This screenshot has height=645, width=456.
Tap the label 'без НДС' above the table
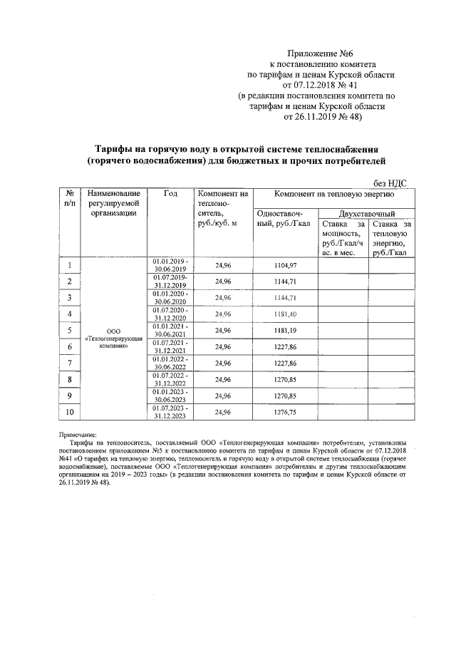pyautogui.click(x=390, y=182)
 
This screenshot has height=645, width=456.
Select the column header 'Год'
pyautogui.click(x=170, y=194)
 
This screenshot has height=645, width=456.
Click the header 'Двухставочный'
pyautogui.click(x=367, y=212)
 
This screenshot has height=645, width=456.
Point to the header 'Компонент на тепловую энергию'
pyautogui.click(x=330, y=194)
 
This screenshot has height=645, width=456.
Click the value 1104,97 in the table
pyautogui.click(x=285, y=265)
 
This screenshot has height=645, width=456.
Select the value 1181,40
pyautogui.click(x=285, y=314)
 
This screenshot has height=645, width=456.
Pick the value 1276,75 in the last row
pyautogui.click(x=285, y=412)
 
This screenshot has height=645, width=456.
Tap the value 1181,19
pyautogui.click(x=285, y=331)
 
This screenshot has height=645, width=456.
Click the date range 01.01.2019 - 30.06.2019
pyautogui.click(x=170, y=265)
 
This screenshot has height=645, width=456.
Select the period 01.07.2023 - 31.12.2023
pyautogui.click(x=170, y=412)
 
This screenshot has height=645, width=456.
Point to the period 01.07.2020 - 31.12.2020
pyautogui.click(x=170, y=314)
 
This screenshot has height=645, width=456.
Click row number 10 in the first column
pyautogui.click(x=70, y=412)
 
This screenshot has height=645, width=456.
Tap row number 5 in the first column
pyautogui.click(x=70, y=331)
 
